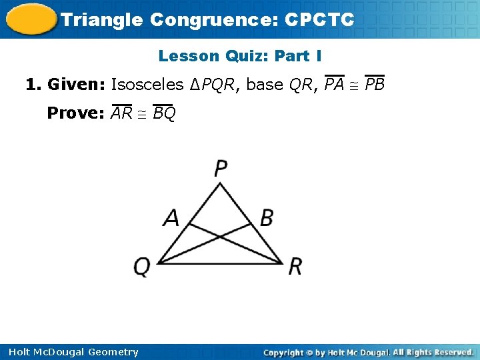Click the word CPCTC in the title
pyautogui.click(x=319, y=19)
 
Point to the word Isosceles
pyautogui.click(x=148, y=85)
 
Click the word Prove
pyautogui.click(x=74, y=113)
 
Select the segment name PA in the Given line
pyautogui.click(x=334, y=85)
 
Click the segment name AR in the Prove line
pyautogui.click(x=121, y=113)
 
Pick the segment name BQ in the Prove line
pyautogui.click(x=164, y=114)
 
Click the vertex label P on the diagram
pyautogui.click(x=221, y=168)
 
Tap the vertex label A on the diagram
pyautogui.click(x=172, y=217)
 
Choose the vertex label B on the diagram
pyautogui.click(x=267, y=217)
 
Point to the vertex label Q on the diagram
pyautogui.click(x=142, y=267)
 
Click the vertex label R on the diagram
pyautogui.click(x=295, y=267)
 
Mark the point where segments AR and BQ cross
pyautogui.click(x=220, y=235)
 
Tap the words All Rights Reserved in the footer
pyautogui.click(x=433, y=352)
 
